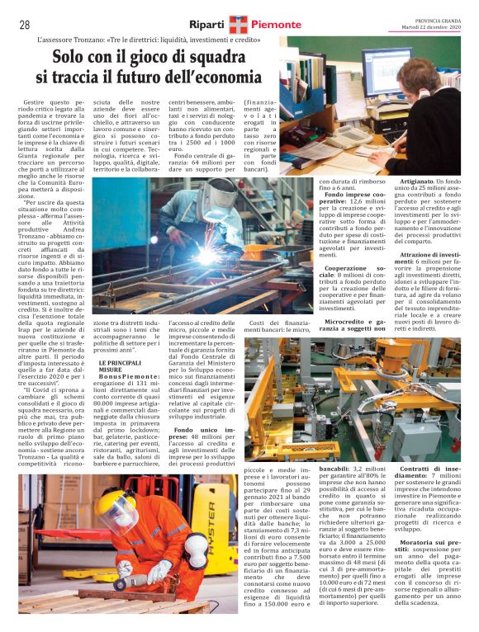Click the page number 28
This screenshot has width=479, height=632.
[25, 25]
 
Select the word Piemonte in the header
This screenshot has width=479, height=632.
[277, 25]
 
